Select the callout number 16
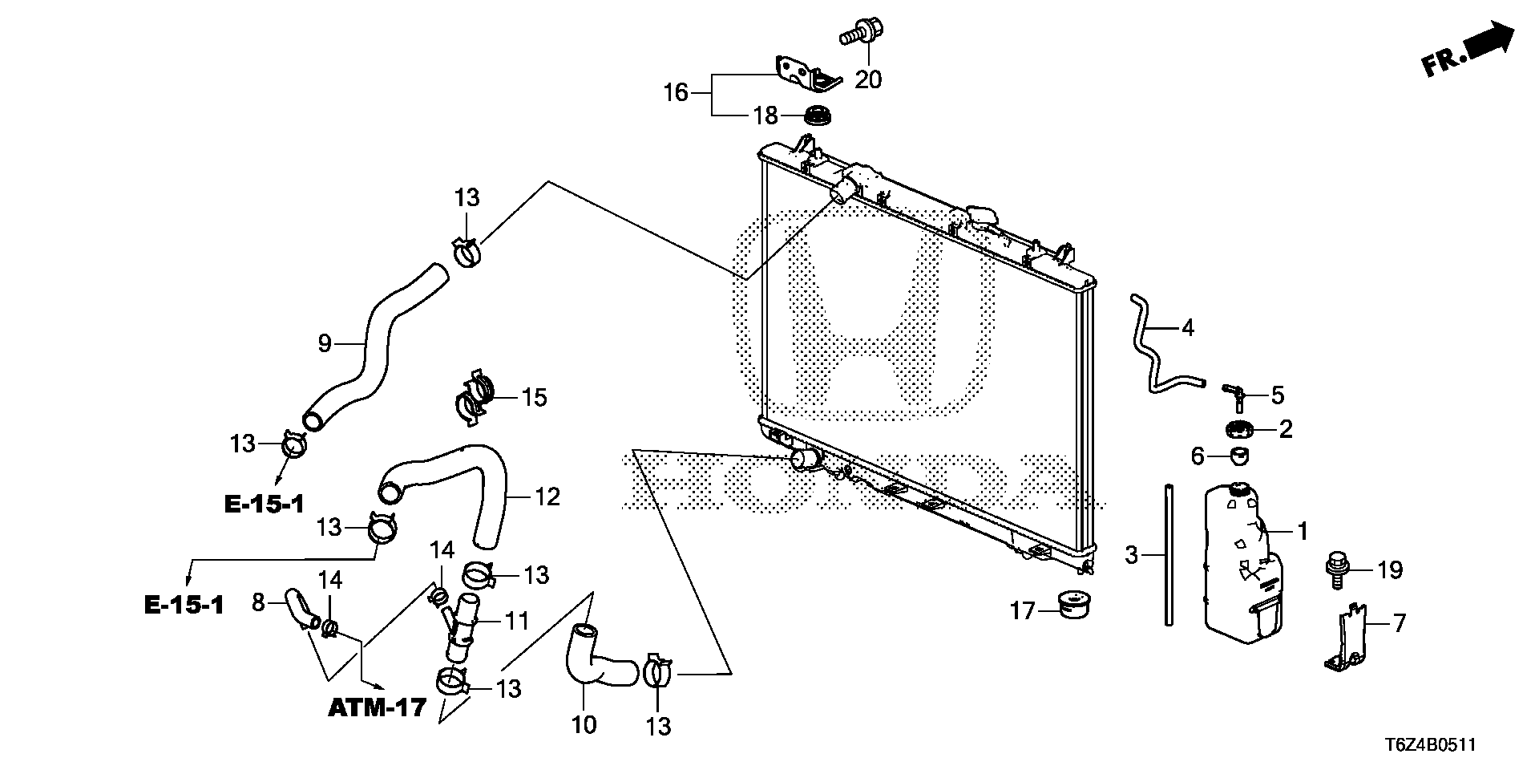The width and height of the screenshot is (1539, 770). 676,93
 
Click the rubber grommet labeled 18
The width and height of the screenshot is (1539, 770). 818,115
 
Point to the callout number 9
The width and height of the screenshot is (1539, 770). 325,344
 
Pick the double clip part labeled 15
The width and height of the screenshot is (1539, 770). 475,397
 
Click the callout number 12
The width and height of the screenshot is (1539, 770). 547,497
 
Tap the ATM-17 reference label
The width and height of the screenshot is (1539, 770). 377,709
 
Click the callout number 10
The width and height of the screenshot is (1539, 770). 584,725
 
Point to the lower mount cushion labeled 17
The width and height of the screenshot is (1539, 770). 1075,605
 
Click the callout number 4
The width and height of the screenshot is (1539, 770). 1188,328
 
